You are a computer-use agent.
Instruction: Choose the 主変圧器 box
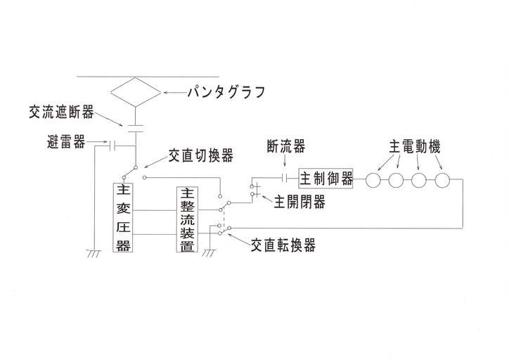(x=123, y=218)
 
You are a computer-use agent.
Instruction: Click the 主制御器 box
(x=326, y=179)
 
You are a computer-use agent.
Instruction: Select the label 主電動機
(x=414, y=148)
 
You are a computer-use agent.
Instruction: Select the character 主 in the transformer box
(x=123, y=191)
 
